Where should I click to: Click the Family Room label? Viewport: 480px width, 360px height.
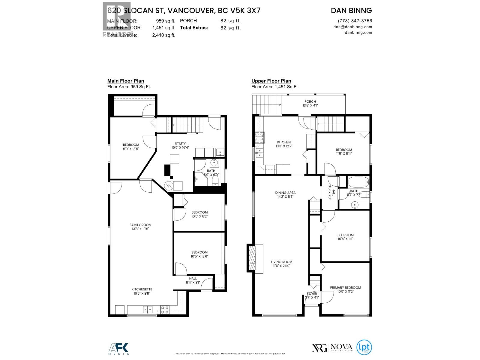coord(140,225)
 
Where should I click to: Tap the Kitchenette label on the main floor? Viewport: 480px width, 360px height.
coord(140,289)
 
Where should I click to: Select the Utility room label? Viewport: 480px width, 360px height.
coord(180,143)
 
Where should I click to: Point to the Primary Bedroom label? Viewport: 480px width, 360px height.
coord(345,287)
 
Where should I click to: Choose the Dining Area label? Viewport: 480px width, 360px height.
coord(285,193)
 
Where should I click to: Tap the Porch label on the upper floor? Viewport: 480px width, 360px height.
coord(310,101)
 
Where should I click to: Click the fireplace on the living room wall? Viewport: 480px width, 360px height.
coord(254,259)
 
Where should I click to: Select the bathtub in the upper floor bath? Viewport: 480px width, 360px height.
coord(358,182)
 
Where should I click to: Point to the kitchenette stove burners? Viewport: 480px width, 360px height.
coord(164,310)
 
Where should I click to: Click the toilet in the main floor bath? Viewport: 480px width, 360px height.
coord(215,180)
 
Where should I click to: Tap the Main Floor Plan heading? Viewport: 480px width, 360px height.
coord(126,81)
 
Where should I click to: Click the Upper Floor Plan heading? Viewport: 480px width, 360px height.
coord(271,81)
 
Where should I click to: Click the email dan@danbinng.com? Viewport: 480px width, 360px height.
coord(352,27)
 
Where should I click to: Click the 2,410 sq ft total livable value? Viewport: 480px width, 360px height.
coord(164,35)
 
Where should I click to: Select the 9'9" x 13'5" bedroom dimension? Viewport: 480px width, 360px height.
coord(131,148)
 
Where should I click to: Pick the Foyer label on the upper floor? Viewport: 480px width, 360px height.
coord(312,294)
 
